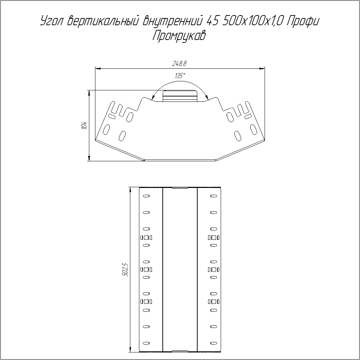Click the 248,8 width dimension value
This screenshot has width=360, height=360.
(x=179, y=63)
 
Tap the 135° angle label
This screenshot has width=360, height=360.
(x=180, y=76)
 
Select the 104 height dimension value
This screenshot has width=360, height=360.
(x=84, y=126)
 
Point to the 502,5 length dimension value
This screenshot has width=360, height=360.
(x=125, y=270)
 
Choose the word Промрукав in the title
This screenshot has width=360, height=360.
(x=179, y=36)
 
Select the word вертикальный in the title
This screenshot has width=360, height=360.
(x=103, y=21)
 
